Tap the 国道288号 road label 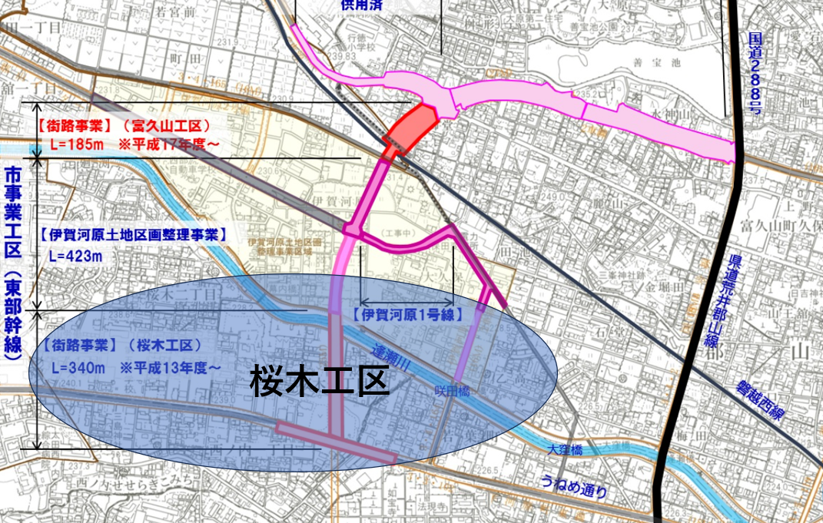pyautogui.click(x=758, y=74)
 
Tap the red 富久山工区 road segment pyautogui.click(x=412, y=129)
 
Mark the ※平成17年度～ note pyautogui.click(x=168, y=144)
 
